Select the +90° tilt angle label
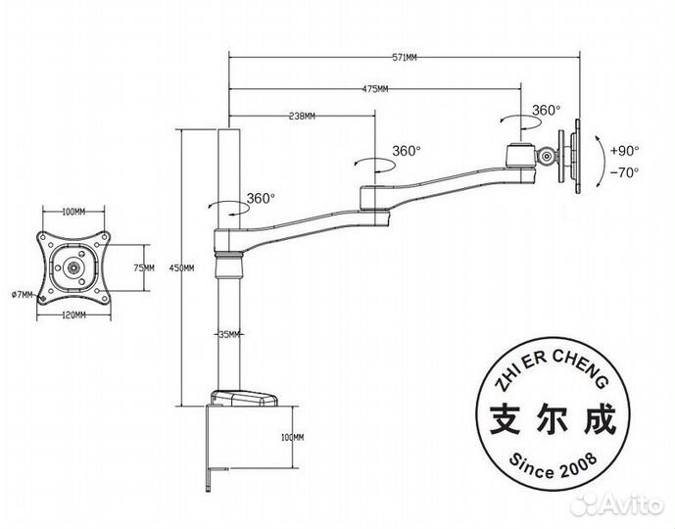click(x=623, y=151)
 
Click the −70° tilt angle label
click(x=623, y=172)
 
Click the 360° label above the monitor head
click(x=546, y=111)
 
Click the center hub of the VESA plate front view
click(x=73, y=265)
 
